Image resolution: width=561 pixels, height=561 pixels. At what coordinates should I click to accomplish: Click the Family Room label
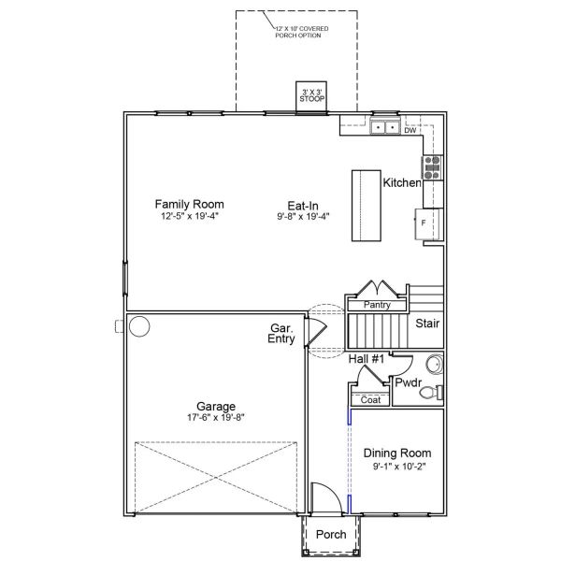tap(189, 204)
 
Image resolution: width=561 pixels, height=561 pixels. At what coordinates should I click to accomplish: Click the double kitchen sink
tap(384, 127)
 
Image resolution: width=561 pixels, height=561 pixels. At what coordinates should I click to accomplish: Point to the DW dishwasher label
tap(410, 131)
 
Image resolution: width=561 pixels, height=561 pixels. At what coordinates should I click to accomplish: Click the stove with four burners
tap(433, 167)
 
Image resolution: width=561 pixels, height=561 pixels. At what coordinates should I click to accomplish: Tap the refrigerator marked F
tap(424, 223)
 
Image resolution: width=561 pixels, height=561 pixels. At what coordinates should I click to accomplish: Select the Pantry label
tap(377, 305)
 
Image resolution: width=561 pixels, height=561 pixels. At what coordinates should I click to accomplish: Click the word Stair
tap(429, 324)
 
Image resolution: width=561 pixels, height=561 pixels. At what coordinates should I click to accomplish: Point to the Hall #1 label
tap(367, 359)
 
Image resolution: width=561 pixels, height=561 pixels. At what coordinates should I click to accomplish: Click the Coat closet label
tap(370, 400)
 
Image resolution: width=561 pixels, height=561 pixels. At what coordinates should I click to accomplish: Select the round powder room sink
tap(434, 364)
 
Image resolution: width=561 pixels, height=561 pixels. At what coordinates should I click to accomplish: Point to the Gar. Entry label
tap(282, 334)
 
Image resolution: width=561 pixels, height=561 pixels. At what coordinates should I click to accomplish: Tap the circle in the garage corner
tap(139, 327)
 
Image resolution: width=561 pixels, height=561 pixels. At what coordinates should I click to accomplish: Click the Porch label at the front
tap(331, 535)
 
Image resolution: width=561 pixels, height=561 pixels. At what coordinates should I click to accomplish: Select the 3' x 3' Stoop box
tap(310, 94)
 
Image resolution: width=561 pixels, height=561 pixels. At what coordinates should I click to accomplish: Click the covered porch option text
tap(296, 33)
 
